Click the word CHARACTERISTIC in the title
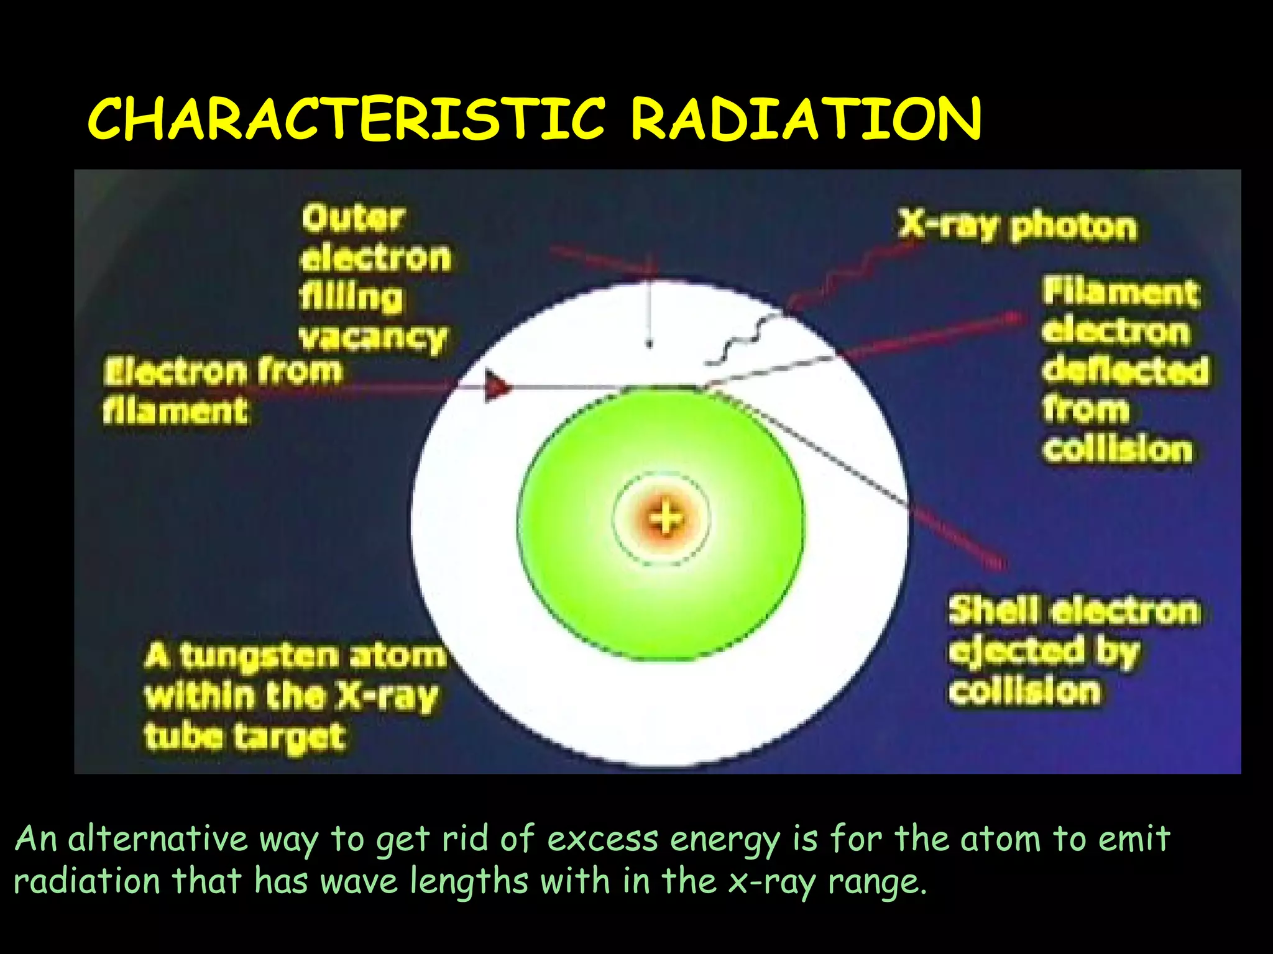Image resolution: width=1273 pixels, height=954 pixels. tap(346, 119)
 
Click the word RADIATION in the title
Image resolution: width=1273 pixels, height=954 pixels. tap(806, 119)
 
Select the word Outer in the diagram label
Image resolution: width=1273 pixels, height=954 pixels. tap(353, 219)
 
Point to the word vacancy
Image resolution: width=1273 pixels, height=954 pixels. tap(373, 338)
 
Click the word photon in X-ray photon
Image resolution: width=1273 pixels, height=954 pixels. tap(1073, 227)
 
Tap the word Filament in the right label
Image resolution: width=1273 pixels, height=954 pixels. tap(1120, 292)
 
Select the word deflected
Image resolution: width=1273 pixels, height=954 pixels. tap(1125, 371)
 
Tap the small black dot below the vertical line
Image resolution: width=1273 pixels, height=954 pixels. tap(650, 343)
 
